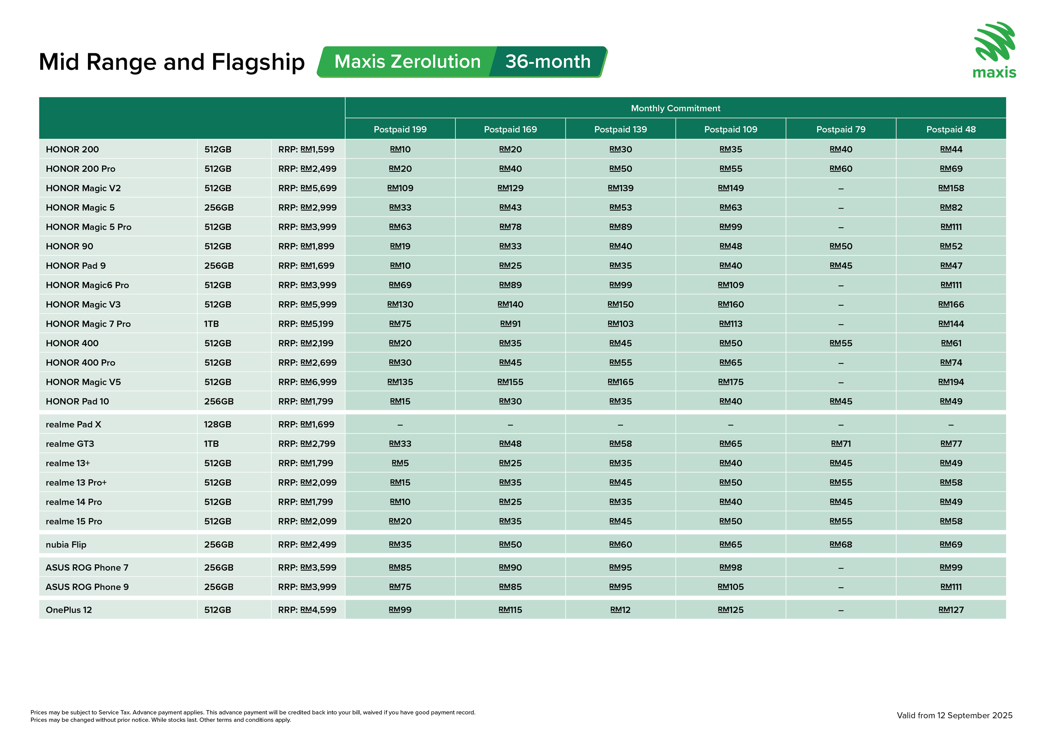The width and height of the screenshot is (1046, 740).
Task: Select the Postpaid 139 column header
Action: [620, 129]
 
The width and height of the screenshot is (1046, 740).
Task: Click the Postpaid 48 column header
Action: [951, 129]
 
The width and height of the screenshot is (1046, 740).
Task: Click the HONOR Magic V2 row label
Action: [83, 188]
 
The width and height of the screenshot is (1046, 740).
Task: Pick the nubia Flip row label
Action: [66, 544]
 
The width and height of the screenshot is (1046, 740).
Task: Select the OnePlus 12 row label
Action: [69, 610]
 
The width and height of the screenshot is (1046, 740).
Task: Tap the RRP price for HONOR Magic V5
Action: [308, 382]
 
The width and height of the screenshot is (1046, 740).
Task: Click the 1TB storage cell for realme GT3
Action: [211, 444]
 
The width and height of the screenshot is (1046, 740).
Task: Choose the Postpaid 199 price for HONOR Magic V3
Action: [400, 304]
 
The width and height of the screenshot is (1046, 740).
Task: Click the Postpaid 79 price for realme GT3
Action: [840, 444]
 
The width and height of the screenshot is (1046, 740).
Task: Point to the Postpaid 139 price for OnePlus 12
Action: [620, 610]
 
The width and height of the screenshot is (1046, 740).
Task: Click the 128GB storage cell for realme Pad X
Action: [218, 424]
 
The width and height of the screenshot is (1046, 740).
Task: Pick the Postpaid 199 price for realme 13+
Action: [400, 463]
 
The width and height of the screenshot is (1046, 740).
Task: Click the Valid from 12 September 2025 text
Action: [954, 715]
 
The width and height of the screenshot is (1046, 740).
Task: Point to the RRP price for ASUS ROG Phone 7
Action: [308, 567]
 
